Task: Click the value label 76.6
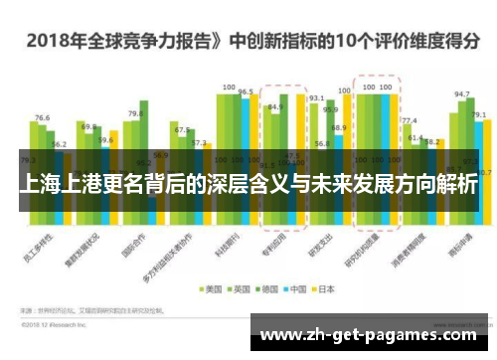pos(42,118)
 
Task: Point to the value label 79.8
pos(135,113)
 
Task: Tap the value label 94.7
pos(461,94)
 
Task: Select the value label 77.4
pos(409,120)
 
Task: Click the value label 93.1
pos(316,98)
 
